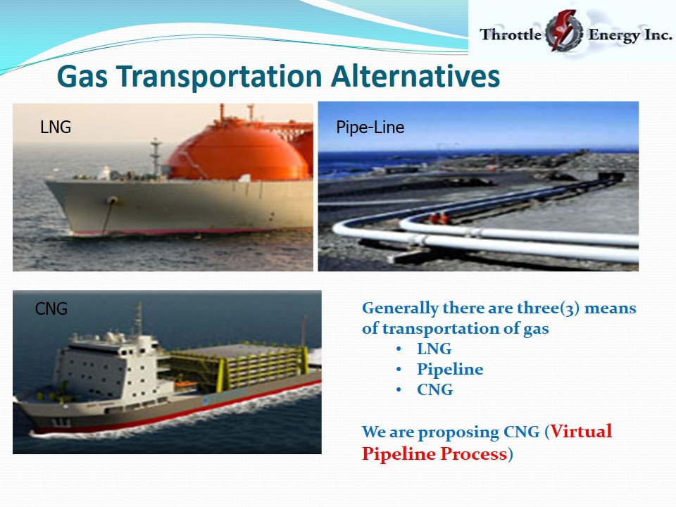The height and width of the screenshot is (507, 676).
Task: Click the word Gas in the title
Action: tap(82, 76)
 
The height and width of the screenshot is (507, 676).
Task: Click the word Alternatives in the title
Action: tap(415, 76)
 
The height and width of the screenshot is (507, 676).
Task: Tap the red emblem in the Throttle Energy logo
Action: tap(564, 30)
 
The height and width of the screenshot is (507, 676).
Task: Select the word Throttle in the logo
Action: tap(511, 34)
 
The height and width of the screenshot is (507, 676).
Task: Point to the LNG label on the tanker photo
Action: tap(56, 127)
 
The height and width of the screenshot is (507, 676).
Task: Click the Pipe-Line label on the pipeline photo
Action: tap(370, 127)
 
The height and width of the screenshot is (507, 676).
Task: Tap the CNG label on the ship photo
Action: tap(51, 308)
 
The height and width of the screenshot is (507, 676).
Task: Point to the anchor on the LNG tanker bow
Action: tap(113, 201)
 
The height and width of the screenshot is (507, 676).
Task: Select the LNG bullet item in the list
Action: tap(434, 349)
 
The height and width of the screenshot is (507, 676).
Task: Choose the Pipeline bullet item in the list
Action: tap(450, 370)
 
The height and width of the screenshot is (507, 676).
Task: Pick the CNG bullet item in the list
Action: tap(434, 389)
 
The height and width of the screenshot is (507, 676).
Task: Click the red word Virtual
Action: tap(581, 431)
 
